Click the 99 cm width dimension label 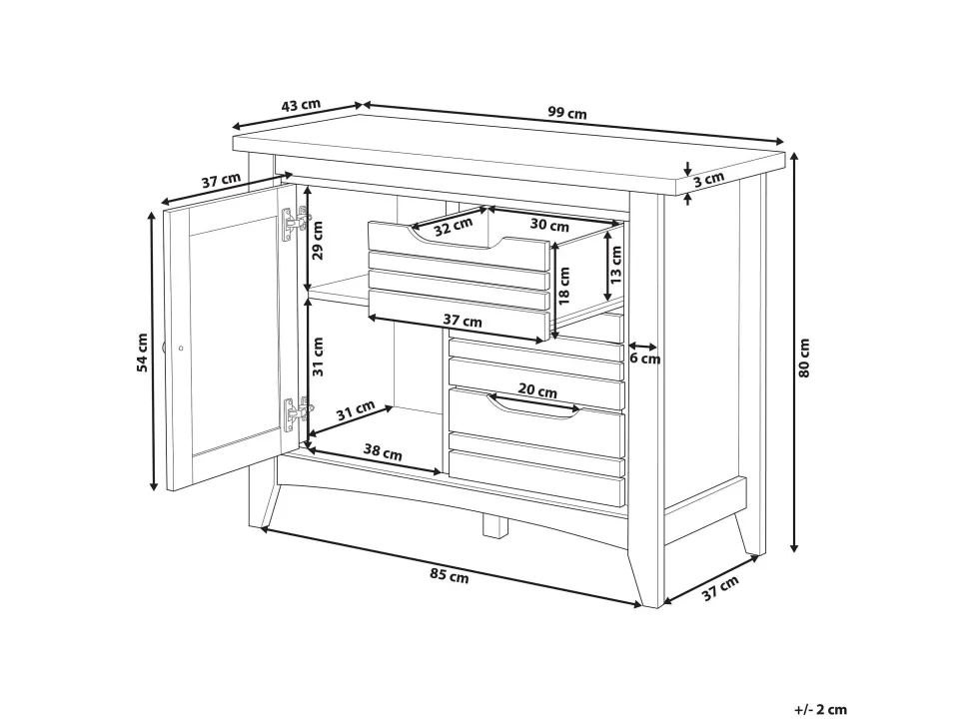point(566,113)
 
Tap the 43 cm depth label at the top point(301,105)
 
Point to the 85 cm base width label point(450,575)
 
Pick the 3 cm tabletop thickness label point(707,180)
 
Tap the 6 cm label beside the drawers point(645,359)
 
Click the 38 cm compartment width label point(382,452)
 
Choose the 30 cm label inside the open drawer point(549,225)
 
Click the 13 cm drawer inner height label point(616,265)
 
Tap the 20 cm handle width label point(537,390)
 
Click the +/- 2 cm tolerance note point(821,709)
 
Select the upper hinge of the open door point(296,223)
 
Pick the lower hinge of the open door point(297,414)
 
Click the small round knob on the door point(181,349)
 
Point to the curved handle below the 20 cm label point(532,409)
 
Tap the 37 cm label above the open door point(221,181)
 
